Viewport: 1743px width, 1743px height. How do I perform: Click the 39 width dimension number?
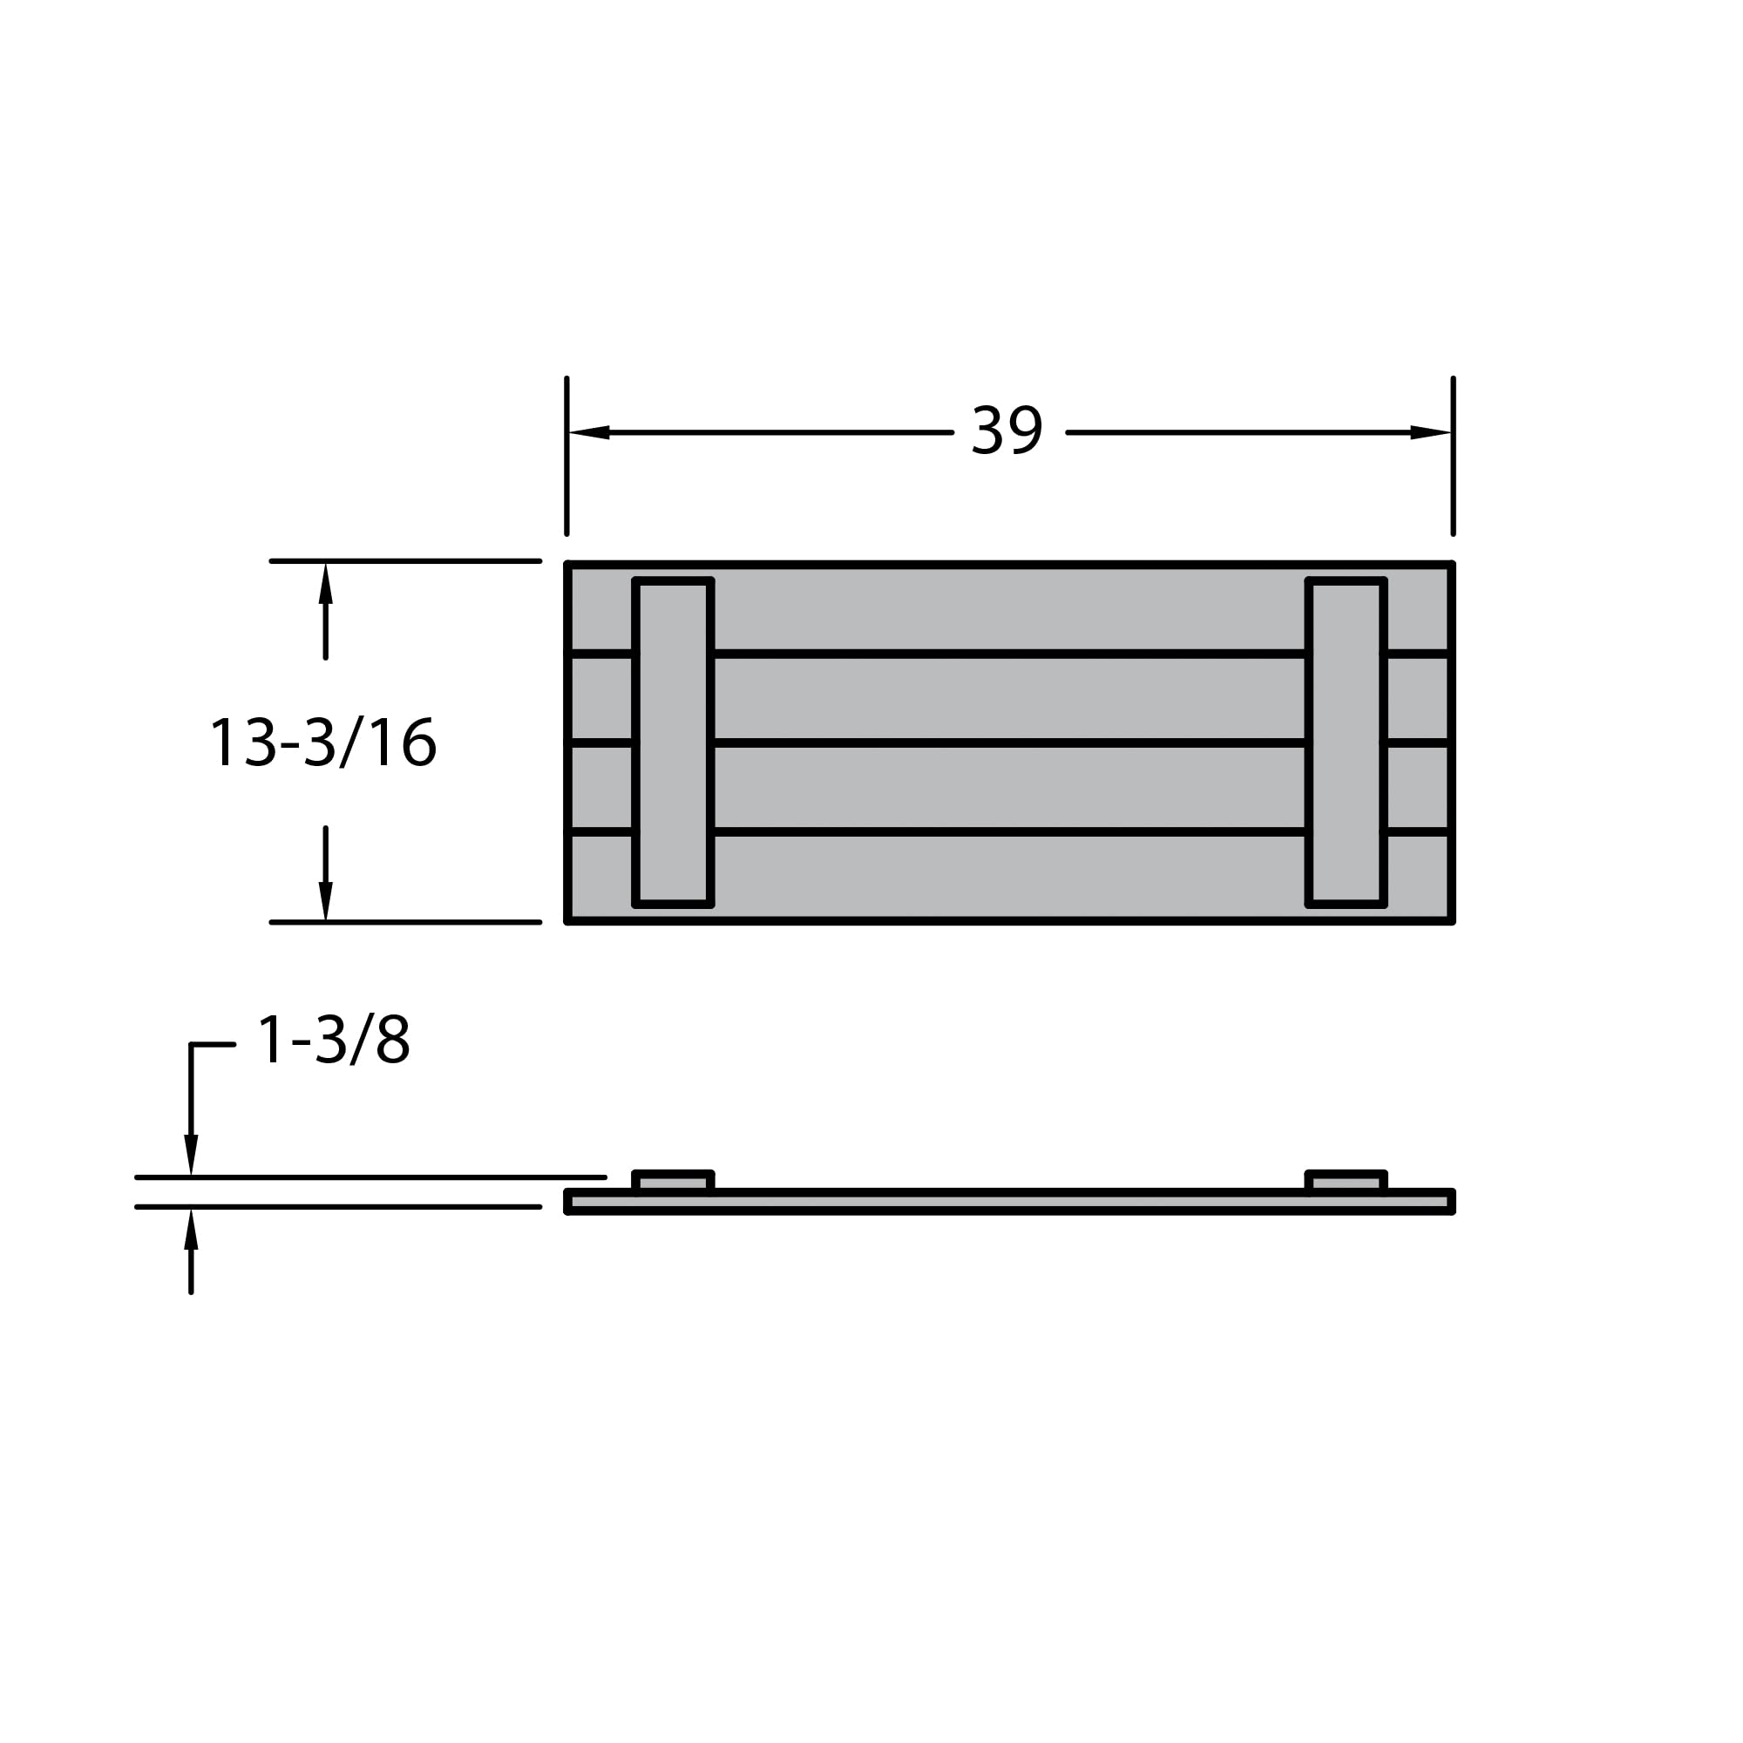[x=1007, y=430]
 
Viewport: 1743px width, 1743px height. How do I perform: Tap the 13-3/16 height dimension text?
[x=323, y=743]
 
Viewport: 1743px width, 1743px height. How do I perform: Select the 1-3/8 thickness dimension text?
[x=334, y=1040]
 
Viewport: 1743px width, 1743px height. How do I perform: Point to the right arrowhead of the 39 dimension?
[x=1431, y=432]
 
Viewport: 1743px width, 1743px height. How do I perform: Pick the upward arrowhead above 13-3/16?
[x=326, y=584]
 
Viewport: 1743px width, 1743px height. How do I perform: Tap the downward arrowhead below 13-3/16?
[x=326, y=901]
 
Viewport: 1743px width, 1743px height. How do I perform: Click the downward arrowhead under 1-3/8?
[x=191, y=1155]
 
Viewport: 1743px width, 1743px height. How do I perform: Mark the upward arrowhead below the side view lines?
[x=191, y=1231]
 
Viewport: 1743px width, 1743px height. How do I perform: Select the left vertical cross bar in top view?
[x=673, y=743]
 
